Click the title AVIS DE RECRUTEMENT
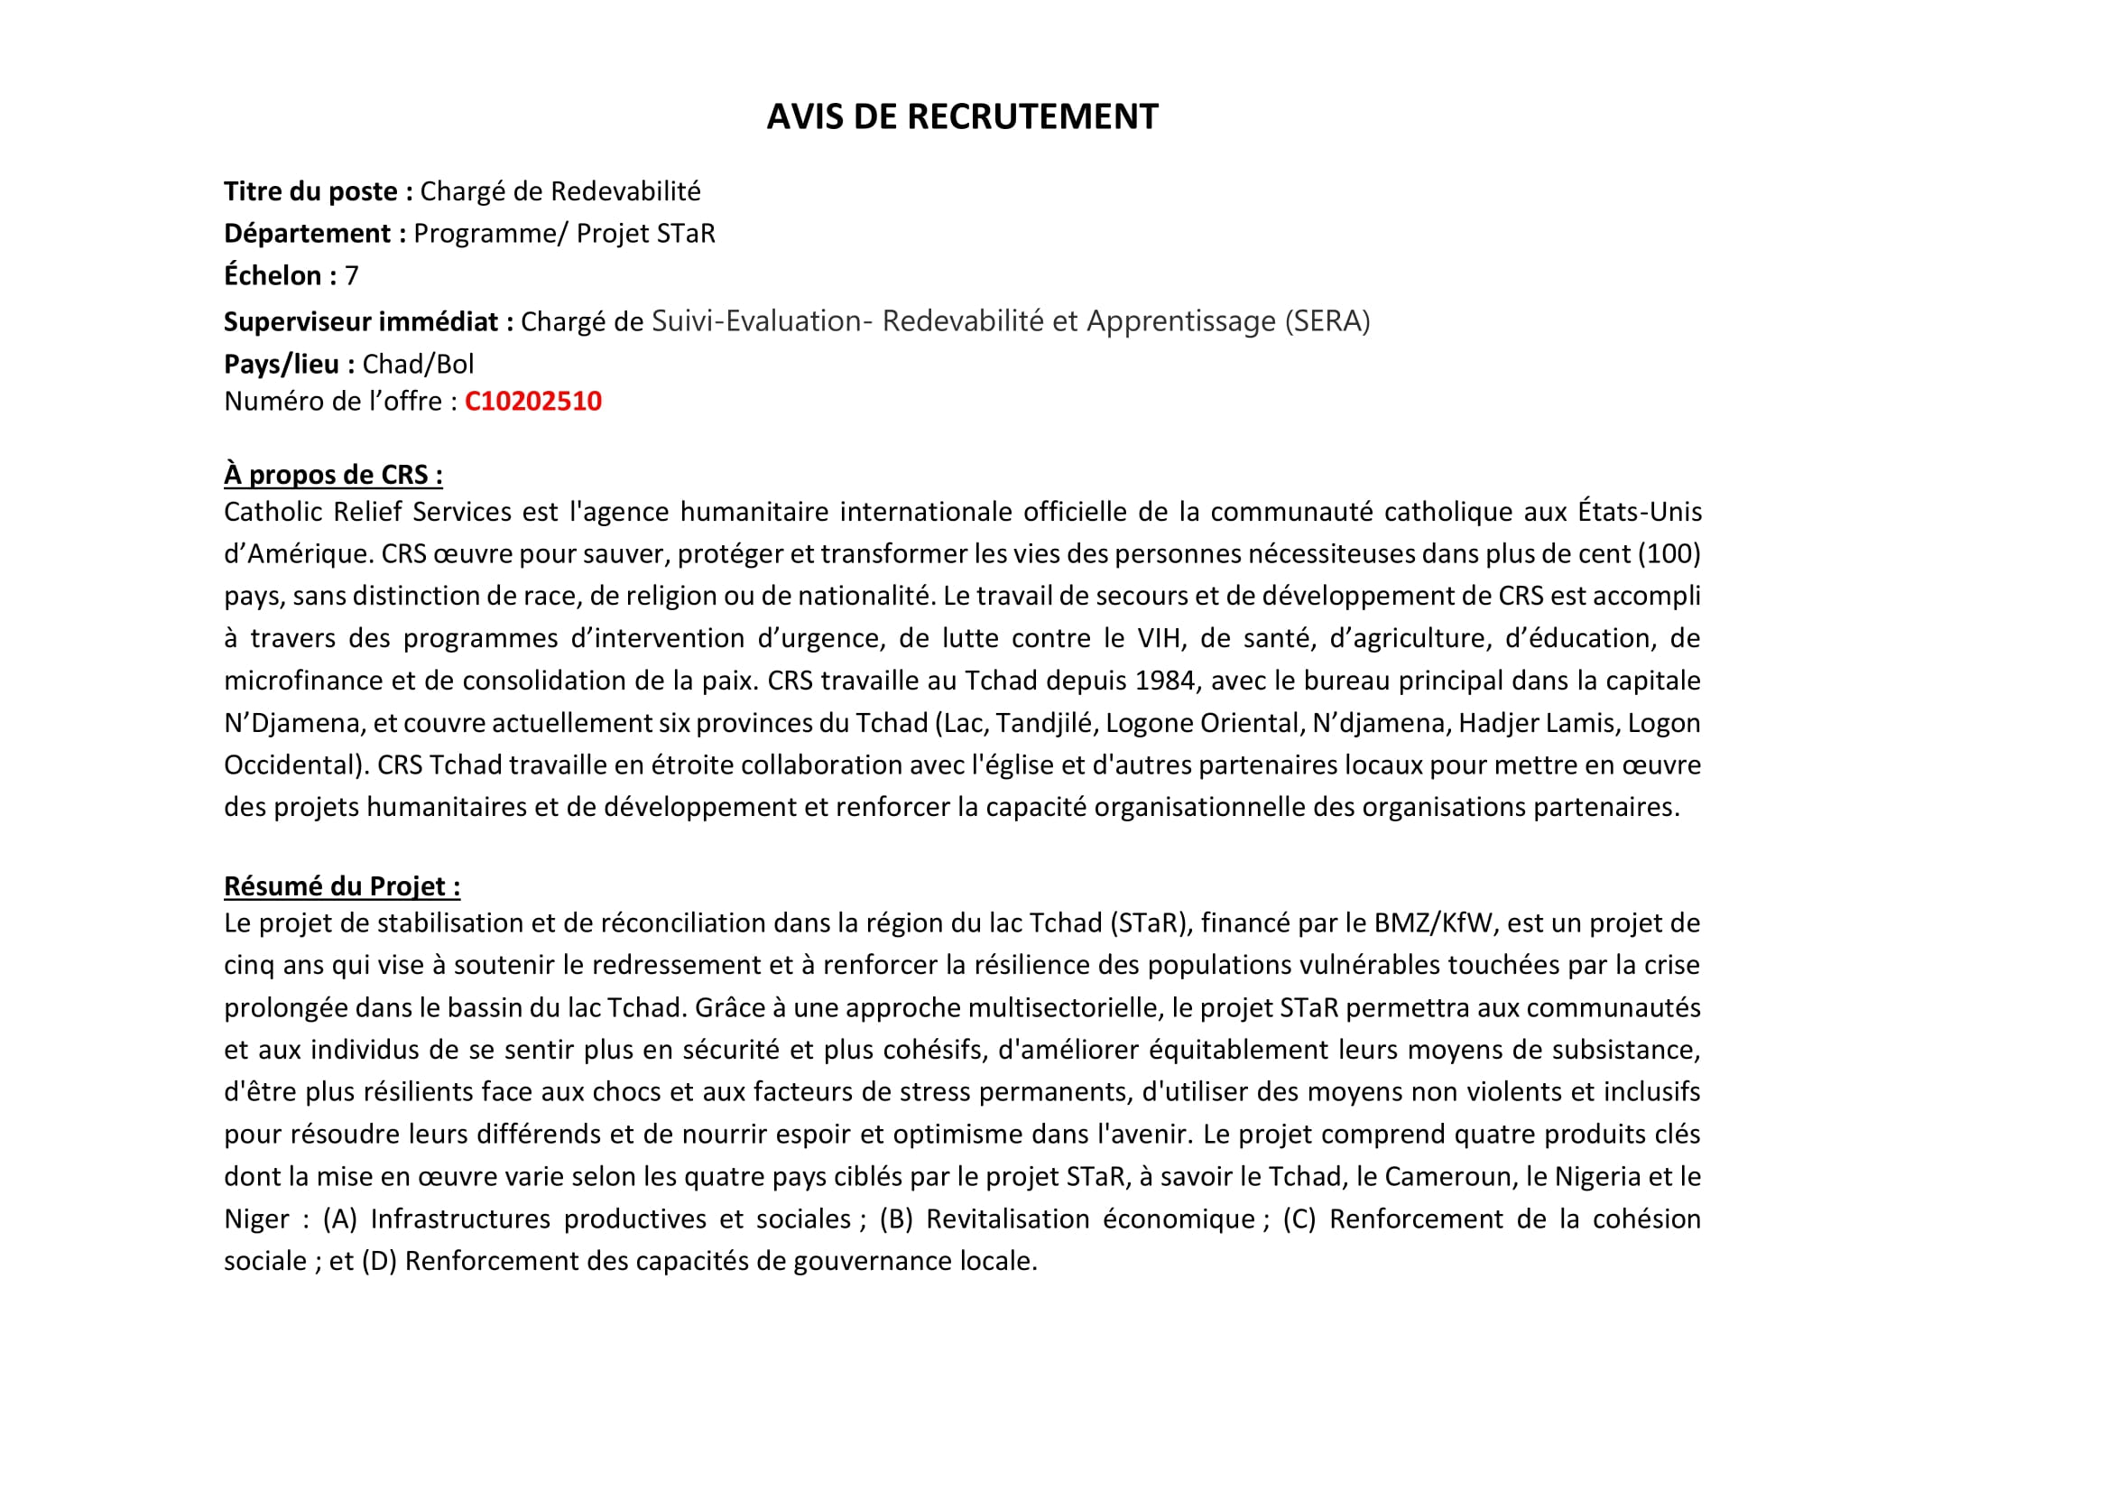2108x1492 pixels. tap(962, 116)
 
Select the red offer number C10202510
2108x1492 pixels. tap(532, 402)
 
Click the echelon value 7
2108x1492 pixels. tap(351, 275)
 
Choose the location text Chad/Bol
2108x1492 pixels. tap(418, 365)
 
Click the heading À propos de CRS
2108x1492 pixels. tap(332, 475)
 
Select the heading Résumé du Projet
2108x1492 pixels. tap(342, 886)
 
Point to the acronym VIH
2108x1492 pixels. tap(1161, 638)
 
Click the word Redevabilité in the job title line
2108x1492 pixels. tap(625, 191)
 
